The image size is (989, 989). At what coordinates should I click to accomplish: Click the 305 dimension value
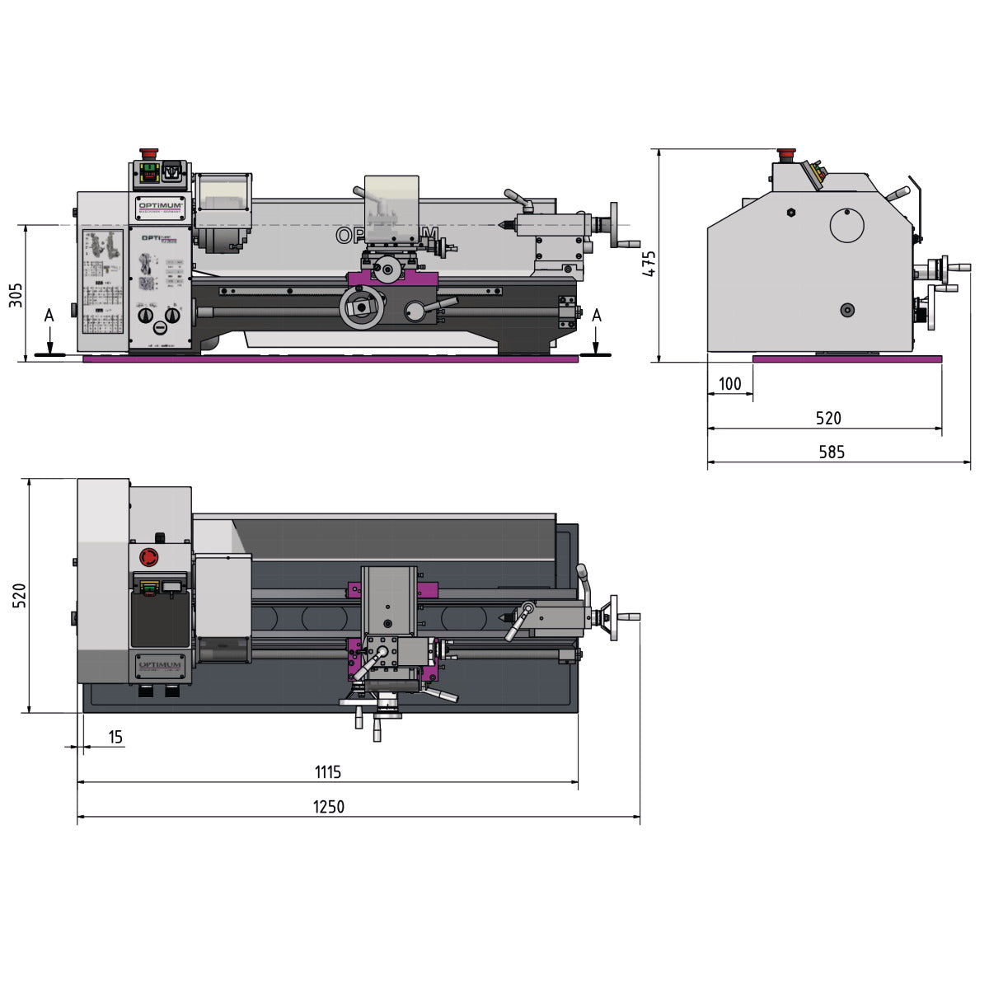[16, 294]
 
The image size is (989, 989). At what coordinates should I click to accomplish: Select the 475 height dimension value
[649, 263]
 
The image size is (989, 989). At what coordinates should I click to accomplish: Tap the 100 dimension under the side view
[729, 384]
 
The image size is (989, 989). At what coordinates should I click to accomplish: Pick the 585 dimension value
[832, 452]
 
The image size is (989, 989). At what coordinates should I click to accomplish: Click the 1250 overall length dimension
[328, 807]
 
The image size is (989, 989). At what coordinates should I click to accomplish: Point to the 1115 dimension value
[327, 772]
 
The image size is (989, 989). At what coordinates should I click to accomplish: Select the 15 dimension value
[115, 737]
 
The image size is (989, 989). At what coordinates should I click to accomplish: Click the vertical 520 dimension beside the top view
[19, 595]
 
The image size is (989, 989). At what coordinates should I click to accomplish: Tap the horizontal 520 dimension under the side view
[828, 418]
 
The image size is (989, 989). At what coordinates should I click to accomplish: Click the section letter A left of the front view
[49, 316]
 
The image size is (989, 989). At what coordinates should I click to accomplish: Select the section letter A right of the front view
[597, 316]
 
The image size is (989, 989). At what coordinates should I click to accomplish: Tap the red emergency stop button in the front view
[149, 153]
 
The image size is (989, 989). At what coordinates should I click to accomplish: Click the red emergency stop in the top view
[149, 558]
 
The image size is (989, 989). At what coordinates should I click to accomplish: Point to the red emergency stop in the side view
[786, 154]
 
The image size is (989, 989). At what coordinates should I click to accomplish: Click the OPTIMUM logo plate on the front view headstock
[161, 207]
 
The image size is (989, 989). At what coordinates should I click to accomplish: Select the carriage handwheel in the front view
[362, 307]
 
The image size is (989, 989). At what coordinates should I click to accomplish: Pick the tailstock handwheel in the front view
[614, 225]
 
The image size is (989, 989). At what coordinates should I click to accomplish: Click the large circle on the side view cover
[846, 225]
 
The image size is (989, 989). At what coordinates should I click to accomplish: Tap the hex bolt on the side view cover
[790, 212]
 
